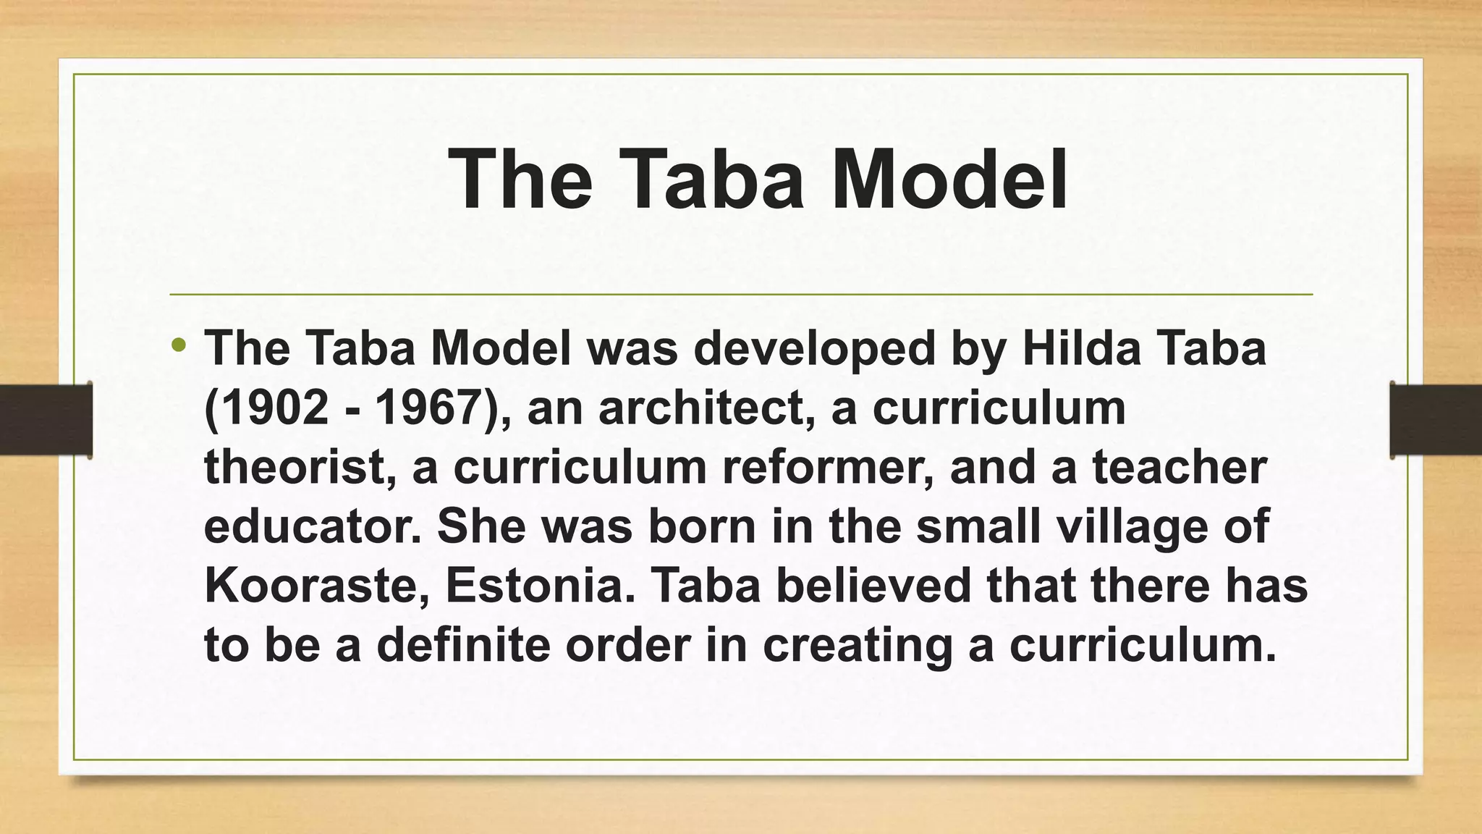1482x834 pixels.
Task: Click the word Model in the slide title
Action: tap(949, 179)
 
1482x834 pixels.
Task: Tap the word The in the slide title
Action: tap(520, 179)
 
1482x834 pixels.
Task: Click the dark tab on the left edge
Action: tap(46, 420)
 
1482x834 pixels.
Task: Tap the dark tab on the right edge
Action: tap(1436, 420)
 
